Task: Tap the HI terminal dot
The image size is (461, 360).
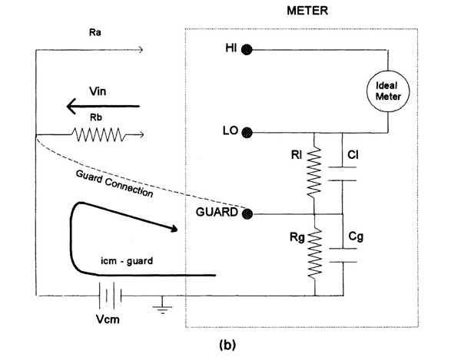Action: [x=247, y=50]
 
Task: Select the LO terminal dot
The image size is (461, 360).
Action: [x=247, y=131]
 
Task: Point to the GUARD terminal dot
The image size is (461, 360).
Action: [x=247, y=213]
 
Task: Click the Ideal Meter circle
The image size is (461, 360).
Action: [x=388, y=91]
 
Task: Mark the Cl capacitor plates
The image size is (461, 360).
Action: [x=343, y=173]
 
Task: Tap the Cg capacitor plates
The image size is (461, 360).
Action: [x=343, y=254]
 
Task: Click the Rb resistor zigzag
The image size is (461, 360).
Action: [x=98, y=135]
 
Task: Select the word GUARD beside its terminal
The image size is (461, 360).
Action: [x=217, y=213]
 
